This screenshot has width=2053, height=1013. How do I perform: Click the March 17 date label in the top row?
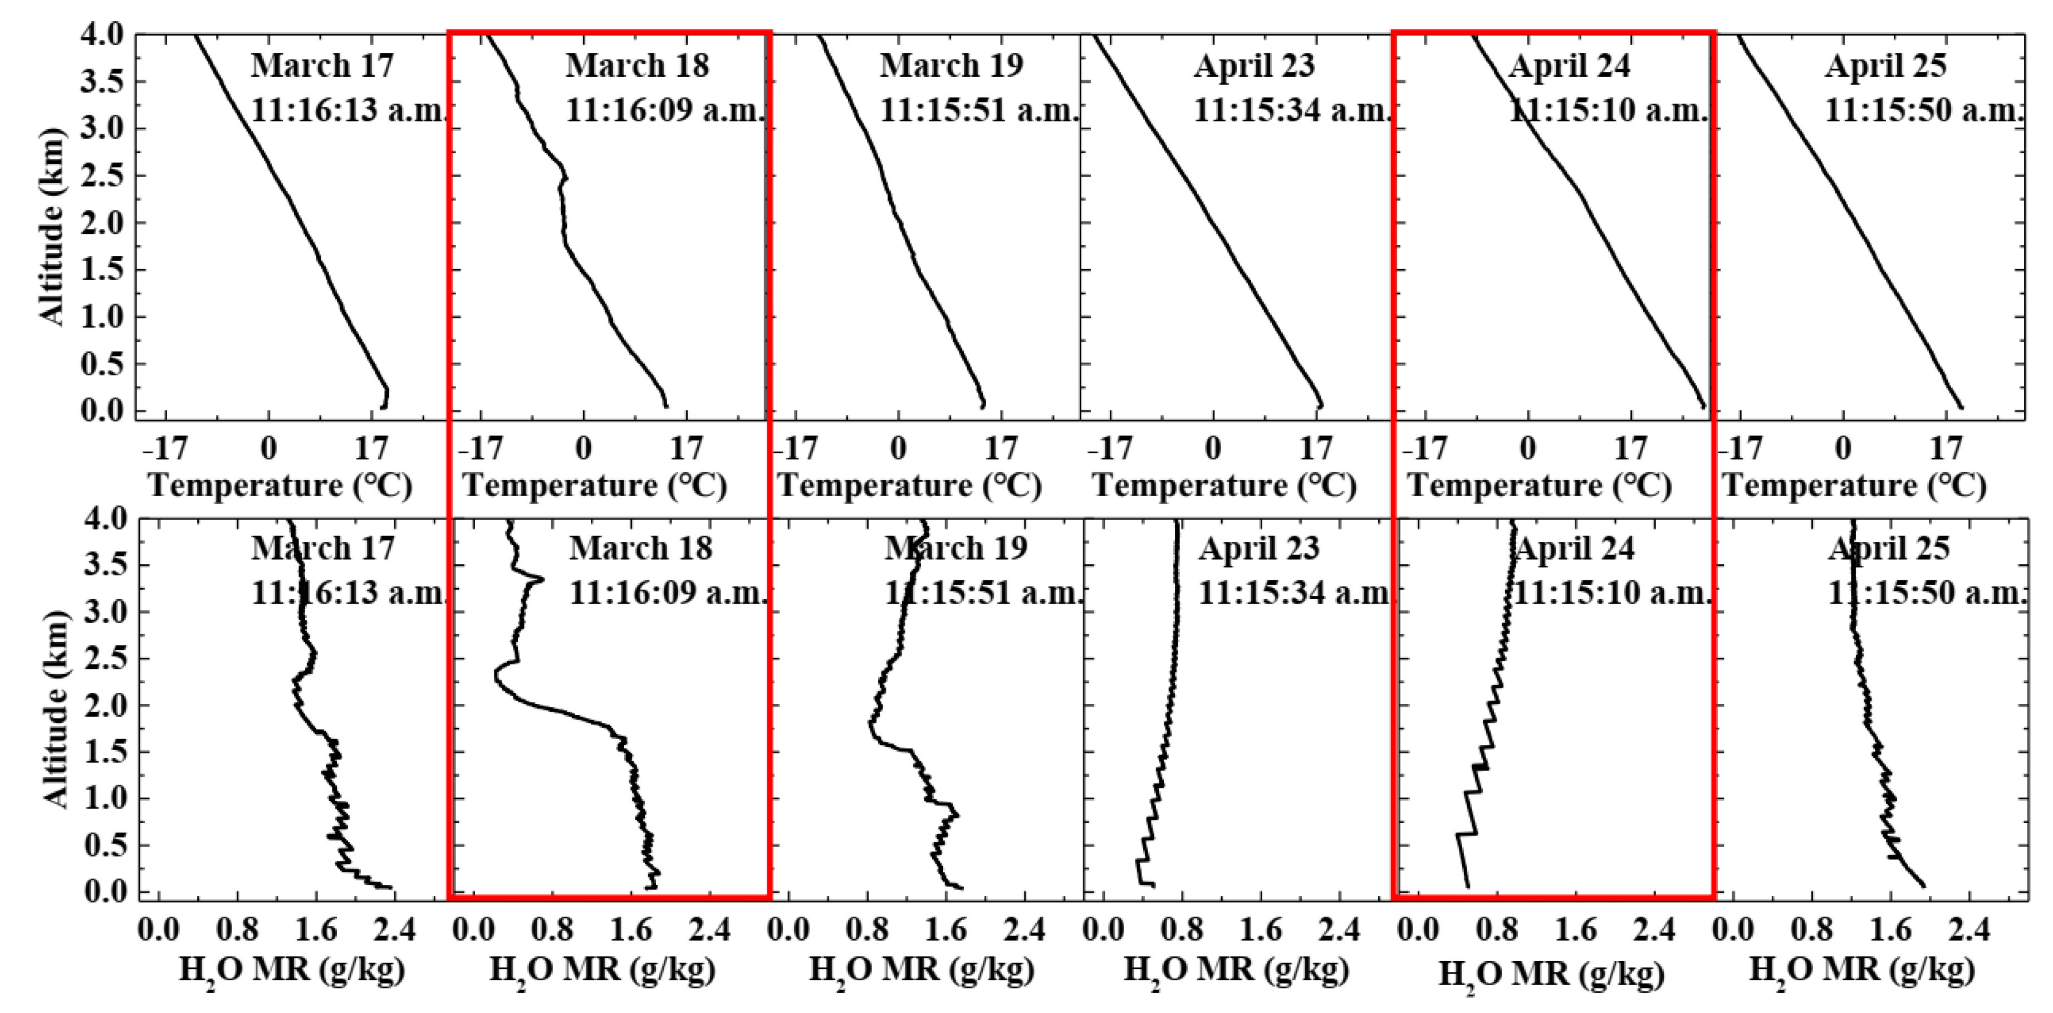point(323,65)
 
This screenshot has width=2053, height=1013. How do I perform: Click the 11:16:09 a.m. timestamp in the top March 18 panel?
point(665,110)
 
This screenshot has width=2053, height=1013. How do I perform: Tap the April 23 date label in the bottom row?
point(1259,549)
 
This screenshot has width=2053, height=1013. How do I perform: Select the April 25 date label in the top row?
point(1885,65)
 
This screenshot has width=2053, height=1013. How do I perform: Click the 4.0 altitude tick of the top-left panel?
point(101,36)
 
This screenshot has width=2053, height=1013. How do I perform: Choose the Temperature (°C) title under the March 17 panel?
point(281,486)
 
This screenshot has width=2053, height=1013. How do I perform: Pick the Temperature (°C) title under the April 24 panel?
point(1540,486)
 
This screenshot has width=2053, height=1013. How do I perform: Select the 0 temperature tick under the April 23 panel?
point(1213,449)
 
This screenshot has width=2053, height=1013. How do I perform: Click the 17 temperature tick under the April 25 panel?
point(1946,449)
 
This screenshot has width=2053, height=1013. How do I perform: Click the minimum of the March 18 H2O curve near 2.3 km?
point(496,676)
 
